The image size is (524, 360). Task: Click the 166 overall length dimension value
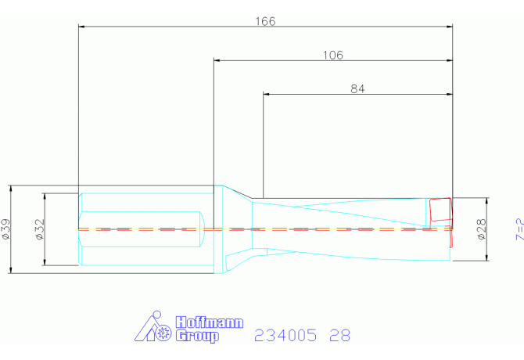266,21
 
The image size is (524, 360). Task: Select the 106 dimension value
333,55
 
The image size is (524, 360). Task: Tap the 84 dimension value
357,89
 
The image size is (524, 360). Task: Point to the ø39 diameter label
6,229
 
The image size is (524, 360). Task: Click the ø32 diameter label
40,229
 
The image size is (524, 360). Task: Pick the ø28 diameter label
482,229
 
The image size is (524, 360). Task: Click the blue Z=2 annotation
519,229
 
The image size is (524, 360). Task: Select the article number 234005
285,335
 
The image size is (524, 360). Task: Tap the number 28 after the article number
340,335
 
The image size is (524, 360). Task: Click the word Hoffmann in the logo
210,322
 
